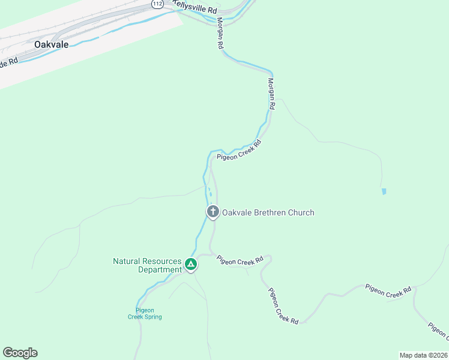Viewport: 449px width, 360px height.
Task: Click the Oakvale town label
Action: click(x=51, y=45)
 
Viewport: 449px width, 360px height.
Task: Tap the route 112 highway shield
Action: click(x=157, y=4)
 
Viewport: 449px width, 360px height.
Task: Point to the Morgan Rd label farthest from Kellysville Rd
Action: click(x=271, y=94)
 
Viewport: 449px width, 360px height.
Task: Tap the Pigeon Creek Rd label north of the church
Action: click(x=240, y=151)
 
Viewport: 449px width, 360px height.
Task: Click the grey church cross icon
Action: click(x=212, y=212)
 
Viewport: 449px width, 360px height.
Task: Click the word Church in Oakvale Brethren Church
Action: click(x=301, y=212)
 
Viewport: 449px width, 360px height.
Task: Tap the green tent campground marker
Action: click(x=190, y=264)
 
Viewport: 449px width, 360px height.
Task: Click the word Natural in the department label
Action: click(x=127, y=262)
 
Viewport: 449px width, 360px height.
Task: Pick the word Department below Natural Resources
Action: click(x=160, y=270)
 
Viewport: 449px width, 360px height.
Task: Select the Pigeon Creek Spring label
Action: click(x=145, y=313)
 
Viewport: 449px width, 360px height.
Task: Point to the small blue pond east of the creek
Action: click(x=384, y=191)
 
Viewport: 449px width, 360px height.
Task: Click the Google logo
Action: click(x=20, y=353)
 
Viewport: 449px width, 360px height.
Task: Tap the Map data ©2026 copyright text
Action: click(x=423, y=355)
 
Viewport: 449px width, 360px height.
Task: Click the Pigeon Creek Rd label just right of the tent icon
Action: click(x=240, y=260)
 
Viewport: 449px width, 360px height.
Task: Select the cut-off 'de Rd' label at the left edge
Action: click(x=10, y=62)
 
